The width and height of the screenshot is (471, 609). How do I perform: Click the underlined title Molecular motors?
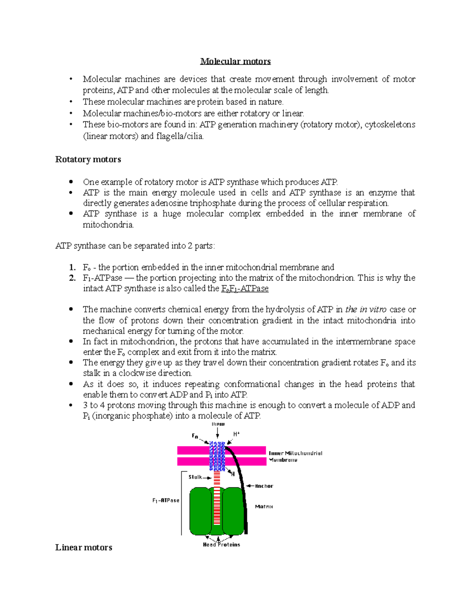(x=235, y=61)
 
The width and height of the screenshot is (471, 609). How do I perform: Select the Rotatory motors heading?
(x=88, y=159)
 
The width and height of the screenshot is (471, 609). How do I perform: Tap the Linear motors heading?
(x=84, y=547)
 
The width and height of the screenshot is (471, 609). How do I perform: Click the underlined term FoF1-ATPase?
(x=245, y=289)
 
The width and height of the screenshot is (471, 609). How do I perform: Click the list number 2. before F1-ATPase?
(x=72, y=278)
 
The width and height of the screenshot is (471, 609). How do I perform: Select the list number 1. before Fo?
(x=72, y=267)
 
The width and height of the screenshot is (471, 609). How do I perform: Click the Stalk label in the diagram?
(x=195, y=477)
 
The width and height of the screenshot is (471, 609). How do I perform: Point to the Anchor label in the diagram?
(x=264, y=486)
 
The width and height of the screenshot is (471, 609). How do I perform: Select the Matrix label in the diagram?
(x=264, y=507)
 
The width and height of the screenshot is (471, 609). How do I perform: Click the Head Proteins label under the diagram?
(x=221, y=545)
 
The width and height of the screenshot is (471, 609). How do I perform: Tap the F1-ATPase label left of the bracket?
(x=166, y=500)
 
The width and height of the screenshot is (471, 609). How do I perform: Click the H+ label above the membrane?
(x=236, y=434)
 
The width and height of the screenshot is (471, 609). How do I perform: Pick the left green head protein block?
(x=201, y=511)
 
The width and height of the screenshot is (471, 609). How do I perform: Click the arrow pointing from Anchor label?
(x=249, y=486)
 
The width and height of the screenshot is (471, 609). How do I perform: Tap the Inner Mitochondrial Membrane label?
(x=295, y=456)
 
